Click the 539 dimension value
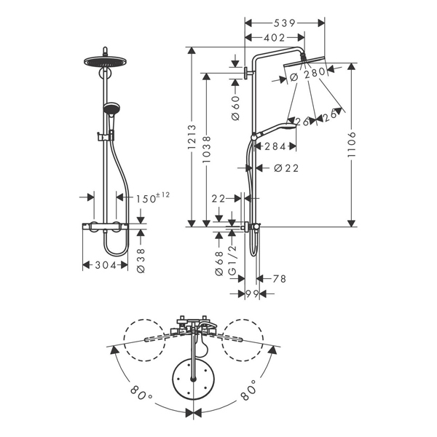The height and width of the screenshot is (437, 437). (284, 23)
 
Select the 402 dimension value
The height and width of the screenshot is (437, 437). (275, 38)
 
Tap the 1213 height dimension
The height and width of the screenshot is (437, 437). (192, 137)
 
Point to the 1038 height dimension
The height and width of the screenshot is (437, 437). (207, 149)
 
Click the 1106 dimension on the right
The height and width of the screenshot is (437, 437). (352, 144)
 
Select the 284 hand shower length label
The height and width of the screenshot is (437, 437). (275, 146)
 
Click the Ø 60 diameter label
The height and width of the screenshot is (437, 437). (235, 108)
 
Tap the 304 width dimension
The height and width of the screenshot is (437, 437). (106, 265)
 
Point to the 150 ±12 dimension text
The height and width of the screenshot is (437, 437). (152, 198)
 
